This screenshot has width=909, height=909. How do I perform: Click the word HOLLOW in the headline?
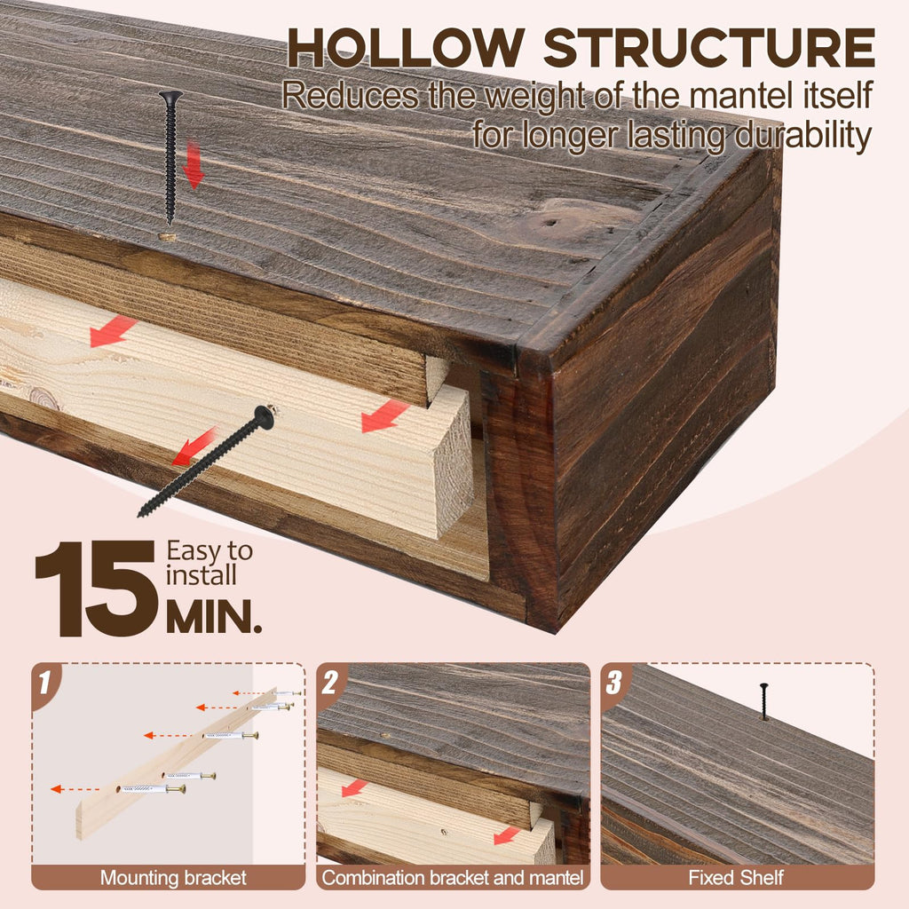[406, 48]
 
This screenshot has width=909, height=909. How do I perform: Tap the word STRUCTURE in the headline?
[709, 48]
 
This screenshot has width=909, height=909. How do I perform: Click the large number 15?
[96, 589]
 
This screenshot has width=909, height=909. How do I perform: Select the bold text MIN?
[213, 617]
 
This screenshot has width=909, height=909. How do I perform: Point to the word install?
[201, 575]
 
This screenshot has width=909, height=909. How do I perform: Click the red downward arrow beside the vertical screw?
[194, 164]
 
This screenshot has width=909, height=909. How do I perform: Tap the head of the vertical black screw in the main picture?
[170, 95]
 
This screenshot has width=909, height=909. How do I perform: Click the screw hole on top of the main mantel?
[168, 236]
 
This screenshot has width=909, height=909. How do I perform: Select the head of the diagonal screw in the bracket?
[265, 417]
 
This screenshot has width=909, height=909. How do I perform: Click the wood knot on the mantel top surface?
[550, 222]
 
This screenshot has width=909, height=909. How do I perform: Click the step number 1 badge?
[44, 682]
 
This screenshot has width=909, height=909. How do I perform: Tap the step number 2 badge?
[330, 683]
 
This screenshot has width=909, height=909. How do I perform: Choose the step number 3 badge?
[614, 683]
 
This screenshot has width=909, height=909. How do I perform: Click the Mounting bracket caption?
[173, 878]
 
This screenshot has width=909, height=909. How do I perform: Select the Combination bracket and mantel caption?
[453, 878]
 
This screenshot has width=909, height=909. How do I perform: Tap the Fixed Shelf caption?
[736, 878]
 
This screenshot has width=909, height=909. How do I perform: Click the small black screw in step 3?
[764, 701]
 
